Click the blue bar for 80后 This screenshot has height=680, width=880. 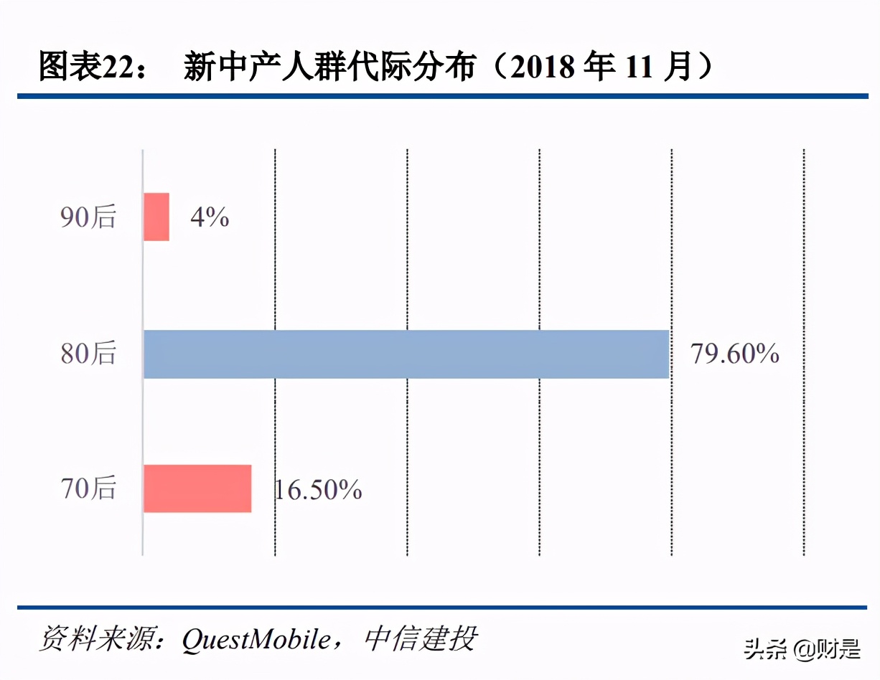(x=406, y=354)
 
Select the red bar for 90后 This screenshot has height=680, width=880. (x=156, y=217)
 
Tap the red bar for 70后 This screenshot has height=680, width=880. (x=197, y=488)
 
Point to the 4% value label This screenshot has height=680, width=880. (x=210, y=217)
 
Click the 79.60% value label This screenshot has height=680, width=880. (x=735, y=354)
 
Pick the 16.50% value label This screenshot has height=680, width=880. (x=317, y=490)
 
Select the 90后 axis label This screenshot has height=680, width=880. (x=88, y=217)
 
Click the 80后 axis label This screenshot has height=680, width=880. (x=88, y=354)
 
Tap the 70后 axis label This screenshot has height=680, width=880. (x=88, y=489)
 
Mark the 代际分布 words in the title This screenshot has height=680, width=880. (x=402, y=67)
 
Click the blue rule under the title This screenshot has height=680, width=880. (x=440, y=95)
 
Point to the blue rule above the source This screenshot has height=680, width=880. (x=440, y=608)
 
